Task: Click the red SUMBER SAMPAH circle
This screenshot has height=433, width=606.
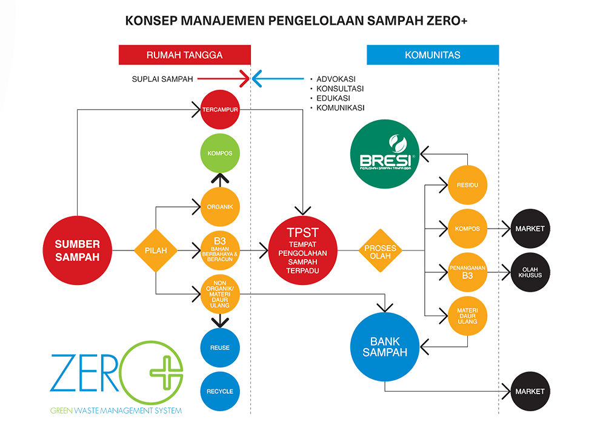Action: click(x=77, y=249)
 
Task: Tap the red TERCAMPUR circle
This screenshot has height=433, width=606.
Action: click(x=219, y=110)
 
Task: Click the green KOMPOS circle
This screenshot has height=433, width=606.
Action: click(x=219, y=153)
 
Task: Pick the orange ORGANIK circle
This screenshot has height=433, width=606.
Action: click(x=219, y=207)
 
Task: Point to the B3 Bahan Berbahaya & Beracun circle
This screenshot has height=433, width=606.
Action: click(x=219, y=249)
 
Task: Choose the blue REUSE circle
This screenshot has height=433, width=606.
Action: click(x=219, y=347)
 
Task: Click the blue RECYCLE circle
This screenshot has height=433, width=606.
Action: click(x=219, y=391)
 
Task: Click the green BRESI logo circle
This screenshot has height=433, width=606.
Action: click(x=385, y=153)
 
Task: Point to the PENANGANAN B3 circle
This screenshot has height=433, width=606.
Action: click(x=467, y=270)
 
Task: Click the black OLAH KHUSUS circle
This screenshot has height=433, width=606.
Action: click(x=530, y=271)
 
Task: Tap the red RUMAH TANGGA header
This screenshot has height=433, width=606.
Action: click(x=184, y=55)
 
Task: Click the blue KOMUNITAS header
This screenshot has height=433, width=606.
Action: click(x=432, y=55)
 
